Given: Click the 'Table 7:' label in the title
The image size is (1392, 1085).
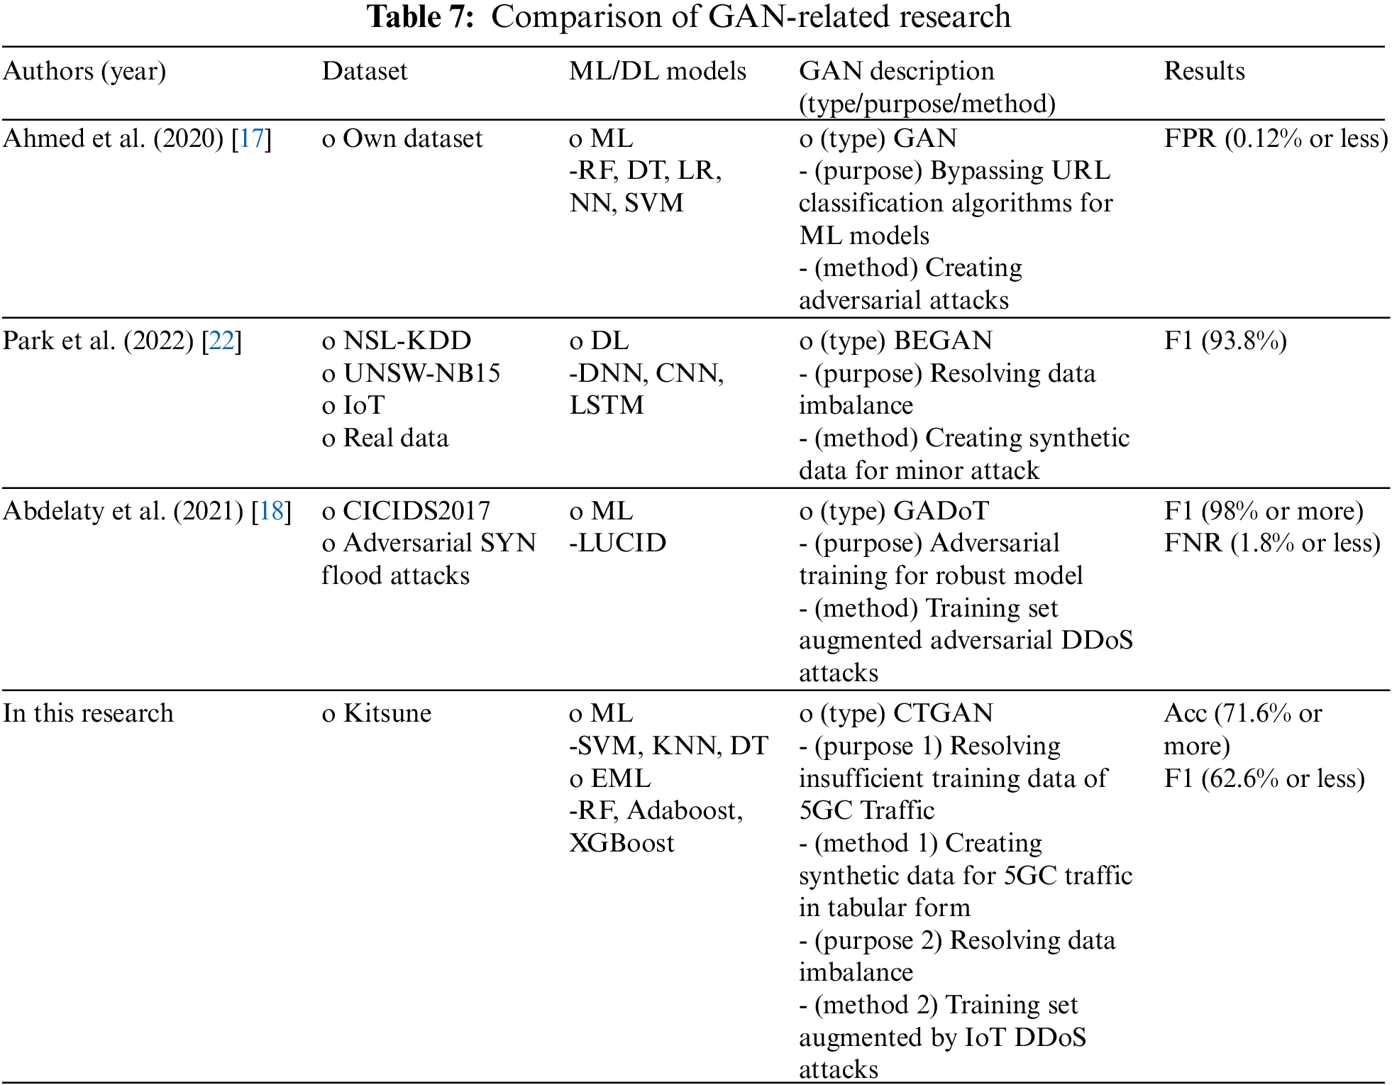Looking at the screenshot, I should click(420, 16).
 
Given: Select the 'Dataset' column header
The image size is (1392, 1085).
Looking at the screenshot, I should click(365, 71).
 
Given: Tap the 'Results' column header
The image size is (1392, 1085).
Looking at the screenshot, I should click(1204, 71).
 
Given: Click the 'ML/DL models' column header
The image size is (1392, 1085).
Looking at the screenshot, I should click(657, 71).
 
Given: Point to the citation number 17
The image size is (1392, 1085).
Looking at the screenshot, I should click(251, 138).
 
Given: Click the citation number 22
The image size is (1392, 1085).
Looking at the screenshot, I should click(221, 341).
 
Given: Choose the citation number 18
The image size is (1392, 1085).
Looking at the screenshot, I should click(271, 511).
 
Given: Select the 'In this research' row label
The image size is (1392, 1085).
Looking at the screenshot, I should click(88, 713).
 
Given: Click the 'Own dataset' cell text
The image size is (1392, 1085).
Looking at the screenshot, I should click(412, 138).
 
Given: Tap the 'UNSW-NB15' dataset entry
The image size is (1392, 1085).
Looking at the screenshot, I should click(421, 373).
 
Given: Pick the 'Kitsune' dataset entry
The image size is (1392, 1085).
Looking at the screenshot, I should click(387, 713).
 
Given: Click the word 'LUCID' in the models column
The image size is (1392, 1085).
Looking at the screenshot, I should click(622, 543).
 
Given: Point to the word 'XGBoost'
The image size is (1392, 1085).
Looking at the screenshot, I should click(622, 843).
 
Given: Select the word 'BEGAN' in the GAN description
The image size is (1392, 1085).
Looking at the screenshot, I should click(942, 341).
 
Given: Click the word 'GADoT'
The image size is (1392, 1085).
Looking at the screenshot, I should click(941, 511).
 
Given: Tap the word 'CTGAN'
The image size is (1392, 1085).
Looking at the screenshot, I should click(943, 713).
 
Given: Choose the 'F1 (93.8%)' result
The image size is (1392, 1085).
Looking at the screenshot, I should click(1225, 341).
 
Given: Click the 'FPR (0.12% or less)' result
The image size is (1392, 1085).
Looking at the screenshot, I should click(1276, 138).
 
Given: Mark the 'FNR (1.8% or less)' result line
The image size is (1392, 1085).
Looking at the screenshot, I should click(1272, 543).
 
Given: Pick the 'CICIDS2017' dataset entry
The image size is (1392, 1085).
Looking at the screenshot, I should click(416, 511).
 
